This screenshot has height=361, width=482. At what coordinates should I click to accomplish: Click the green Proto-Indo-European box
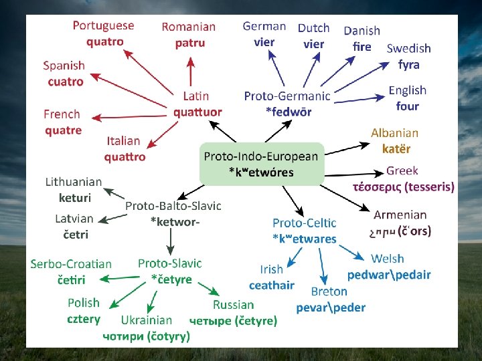pos(261,164)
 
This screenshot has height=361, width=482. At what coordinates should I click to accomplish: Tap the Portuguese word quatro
pos(104,41)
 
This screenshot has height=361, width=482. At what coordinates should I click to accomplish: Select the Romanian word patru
pos(189,43)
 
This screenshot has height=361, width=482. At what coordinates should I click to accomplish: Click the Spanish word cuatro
pos(66,82)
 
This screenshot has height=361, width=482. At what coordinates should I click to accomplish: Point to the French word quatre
pos(64,130)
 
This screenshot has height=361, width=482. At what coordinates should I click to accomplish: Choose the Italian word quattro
pos(125,157)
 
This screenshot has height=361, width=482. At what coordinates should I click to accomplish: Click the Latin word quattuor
pos(197,112)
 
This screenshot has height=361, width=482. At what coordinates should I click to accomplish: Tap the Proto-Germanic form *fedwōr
pos(289,112)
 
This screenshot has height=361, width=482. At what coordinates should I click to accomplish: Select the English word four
pos(407,106)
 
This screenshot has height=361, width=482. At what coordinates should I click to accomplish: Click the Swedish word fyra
pos(408,65)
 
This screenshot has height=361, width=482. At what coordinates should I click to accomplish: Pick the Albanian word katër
pos(396,149)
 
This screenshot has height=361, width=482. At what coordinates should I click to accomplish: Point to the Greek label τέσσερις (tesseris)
pos(403,187)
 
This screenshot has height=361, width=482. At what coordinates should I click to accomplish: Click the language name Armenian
pos(400,215)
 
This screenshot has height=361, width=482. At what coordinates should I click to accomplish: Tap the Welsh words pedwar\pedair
pos(389,275)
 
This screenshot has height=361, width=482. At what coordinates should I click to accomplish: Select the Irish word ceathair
pos(271,285)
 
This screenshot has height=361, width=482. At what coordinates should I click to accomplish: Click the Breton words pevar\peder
pos(331,308)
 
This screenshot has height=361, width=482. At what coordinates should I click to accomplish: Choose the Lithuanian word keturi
pos(74,198)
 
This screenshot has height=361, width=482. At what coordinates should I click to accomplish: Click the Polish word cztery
pos(84,319)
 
